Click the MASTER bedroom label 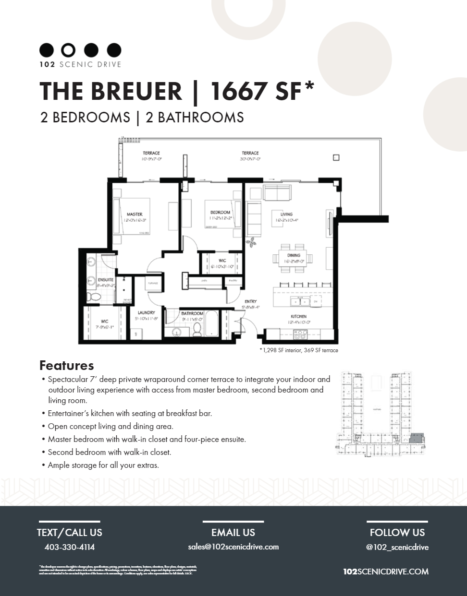(135, 215)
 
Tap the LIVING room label (286, 215)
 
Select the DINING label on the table (294, 256)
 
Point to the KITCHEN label (298, 317)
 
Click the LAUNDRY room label (146, 313)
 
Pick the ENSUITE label (106, 280)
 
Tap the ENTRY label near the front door (250, 302)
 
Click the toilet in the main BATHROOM (197, 329)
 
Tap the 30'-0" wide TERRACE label (250, 153)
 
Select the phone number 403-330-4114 (70, 547)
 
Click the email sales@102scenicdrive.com (233, 547)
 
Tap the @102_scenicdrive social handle (397, 547)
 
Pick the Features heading (66, 366)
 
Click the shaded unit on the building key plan (416, 437)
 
